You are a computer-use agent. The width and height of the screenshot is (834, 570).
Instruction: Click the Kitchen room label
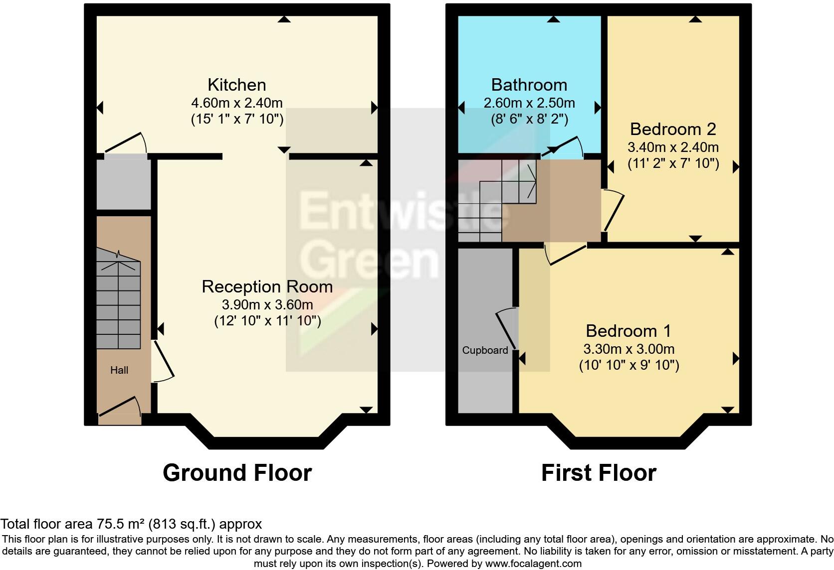tap(236, 85)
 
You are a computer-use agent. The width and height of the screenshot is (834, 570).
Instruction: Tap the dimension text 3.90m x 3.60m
tap(267, 304)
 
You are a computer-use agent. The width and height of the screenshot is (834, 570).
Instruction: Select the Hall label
tap(119, 370)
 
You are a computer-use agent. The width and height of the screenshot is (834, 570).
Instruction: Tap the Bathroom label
tap(529, 85)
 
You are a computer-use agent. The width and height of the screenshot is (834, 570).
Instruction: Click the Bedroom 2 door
tap(614, 212)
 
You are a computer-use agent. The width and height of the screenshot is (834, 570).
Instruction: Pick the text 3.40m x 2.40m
tap(673, 147)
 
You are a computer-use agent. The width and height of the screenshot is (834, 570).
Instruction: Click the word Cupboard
tap(485, 350)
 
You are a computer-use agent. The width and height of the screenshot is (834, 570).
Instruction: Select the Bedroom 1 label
tap(628, 331)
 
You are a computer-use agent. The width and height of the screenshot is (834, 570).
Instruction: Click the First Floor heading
tap(599, 473)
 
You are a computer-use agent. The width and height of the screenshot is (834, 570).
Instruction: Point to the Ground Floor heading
tap(237, 473)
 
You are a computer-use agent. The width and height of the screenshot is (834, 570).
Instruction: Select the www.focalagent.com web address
tap(533, 564)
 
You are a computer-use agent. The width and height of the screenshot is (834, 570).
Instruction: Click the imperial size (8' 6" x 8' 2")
tap(529, 119)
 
